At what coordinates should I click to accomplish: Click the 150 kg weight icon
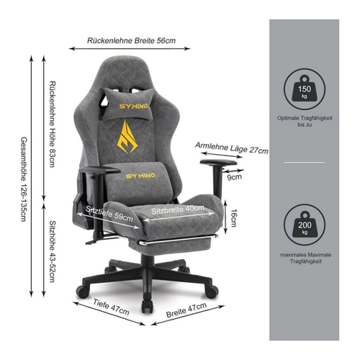pos(305,89)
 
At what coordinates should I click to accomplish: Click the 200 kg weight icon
pos(305,225)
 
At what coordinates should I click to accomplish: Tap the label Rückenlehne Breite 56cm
pos(131,40)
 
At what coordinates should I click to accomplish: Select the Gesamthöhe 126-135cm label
pos(24,179)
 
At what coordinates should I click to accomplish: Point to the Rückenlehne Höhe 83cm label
pos(52,124)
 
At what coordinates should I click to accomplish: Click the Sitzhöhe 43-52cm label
pos(52,251)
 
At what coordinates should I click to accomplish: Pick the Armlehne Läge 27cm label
pos(232,148)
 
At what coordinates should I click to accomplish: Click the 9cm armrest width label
pos(235,177)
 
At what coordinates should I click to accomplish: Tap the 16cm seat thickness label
pos(233,218)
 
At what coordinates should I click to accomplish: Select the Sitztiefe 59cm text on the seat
pos(109,214)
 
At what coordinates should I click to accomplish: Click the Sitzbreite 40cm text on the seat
pos(178,210)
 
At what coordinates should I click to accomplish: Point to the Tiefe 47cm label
pos(111,307)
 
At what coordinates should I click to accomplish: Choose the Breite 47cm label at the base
pos(186,310)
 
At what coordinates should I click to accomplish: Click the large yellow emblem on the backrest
pos(127,137)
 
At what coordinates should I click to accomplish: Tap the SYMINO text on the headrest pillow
pos(133,106)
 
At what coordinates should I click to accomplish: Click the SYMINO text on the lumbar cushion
pos(140,176)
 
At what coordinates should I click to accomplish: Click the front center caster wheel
pos(147,307)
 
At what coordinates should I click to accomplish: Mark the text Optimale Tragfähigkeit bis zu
pos(305,122)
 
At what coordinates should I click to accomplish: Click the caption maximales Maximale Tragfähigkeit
pos(305,258)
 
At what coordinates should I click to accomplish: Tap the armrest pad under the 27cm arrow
pos(218,162)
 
